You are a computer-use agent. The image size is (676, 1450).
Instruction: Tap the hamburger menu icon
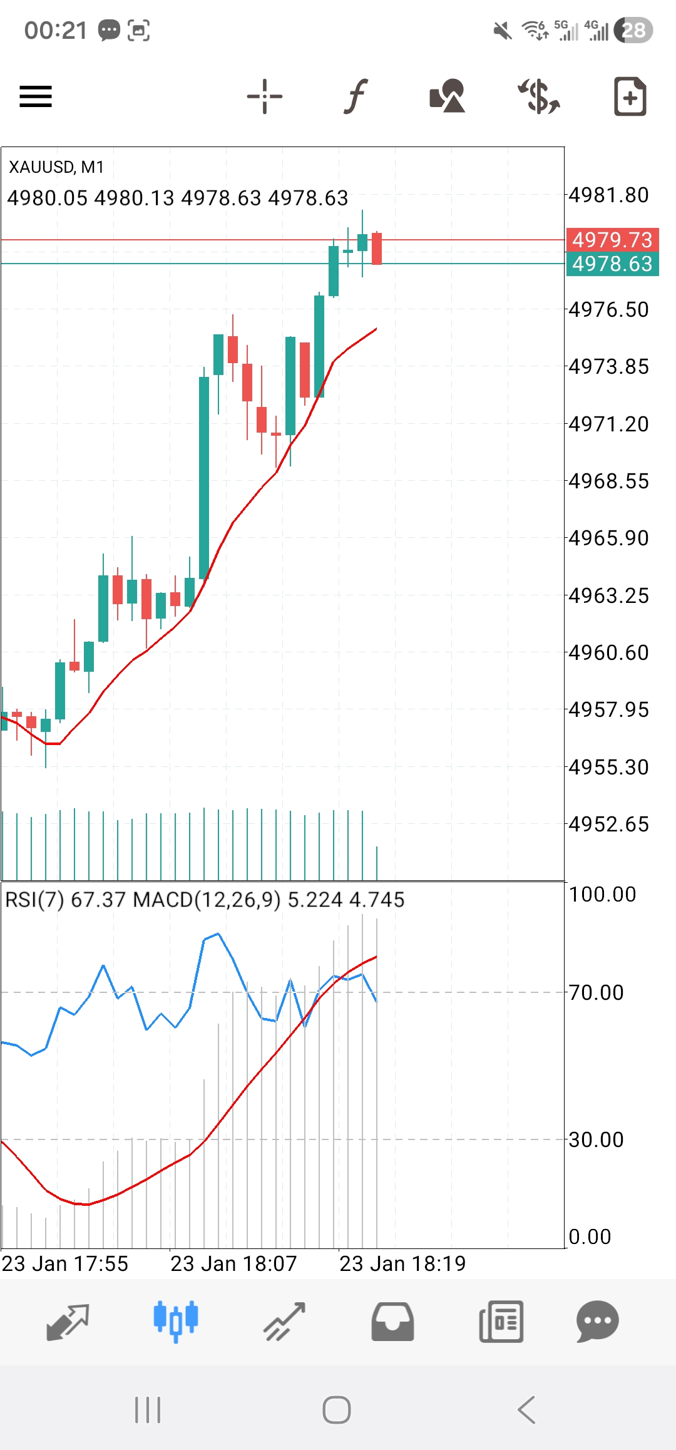point(36,96)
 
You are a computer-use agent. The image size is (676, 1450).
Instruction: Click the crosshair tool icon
point(265,96)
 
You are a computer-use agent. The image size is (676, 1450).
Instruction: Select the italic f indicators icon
point(356,96)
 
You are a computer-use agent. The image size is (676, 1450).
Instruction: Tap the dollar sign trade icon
point(538,96)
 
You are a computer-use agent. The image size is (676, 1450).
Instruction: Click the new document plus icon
point(630,96)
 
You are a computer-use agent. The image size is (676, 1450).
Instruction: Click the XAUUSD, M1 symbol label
point(56,167)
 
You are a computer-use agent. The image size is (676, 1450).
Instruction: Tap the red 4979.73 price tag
point(612,240)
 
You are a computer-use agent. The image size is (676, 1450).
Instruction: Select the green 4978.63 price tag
point(612,264)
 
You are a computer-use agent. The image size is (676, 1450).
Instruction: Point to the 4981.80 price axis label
point(608,195)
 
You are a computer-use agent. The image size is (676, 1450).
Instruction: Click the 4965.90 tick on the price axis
point(608,538)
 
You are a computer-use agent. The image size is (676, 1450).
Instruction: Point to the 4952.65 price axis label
point(608,825)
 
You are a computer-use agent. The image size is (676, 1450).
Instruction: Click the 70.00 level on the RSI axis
point(596,992)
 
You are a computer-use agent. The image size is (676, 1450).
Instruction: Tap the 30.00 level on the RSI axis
point(596,1139)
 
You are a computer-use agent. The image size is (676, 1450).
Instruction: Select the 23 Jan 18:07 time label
point(233,1263)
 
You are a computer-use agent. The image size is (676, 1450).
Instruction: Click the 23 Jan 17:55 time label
point(65,1263)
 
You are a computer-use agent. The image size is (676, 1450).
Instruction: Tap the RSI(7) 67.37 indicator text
point(66,900)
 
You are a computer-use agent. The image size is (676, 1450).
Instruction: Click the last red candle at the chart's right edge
point(377,249)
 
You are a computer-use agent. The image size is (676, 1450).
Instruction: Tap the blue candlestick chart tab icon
point(176,1321)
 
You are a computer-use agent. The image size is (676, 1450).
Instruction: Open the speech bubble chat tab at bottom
point(597,1321)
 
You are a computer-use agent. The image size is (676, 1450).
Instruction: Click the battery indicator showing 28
point(633,30)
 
